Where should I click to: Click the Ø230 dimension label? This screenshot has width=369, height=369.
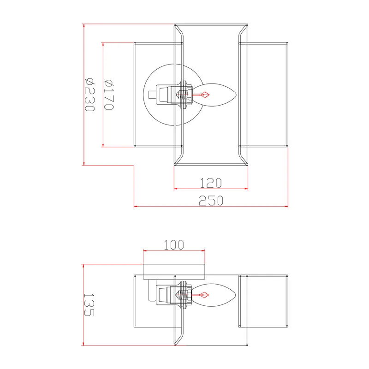[x=90, y=95]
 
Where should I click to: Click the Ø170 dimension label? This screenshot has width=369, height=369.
[x=109, y=95]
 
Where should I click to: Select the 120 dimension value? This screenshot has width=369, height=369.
[x=211, y=183]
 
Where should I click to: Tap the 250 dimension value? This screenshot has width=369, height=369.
[x=211, y=201]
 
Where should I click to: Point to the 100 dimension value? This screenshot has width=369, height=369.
[x=174, y=245]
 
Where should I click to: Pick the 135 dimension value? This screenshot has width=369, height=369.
[x=89, y=304]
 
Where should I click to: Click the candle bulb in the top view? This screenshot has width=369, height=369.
[x=214, y=95]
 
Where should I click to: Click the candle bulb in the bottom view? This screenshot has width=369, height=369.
[x=214, y=295]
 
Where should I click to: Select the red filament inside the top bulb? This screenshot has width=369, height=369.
[x=202, y=95]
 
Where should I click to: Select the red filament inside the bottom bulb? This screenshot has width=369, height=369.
[x=201, y=295]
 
